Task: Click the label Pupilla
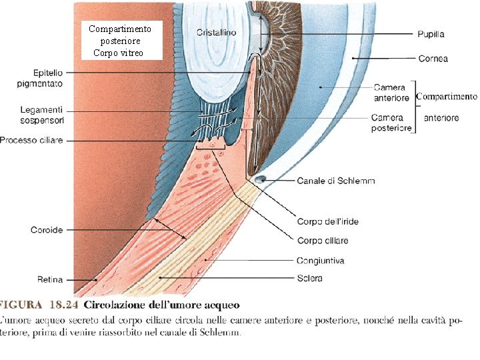(x=431, y=33)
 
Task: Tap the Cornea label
(x=433, y=59)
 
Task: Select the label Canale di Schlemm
(x=336, y=181)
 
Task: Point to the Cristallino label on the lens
(x=217, y=32)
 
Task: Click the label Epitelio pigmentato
(x=40, y=78)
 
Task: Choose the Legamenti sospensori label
(x=41, y=114)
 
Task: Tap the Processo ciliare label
(x=32, y=141)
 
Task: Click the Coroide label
(x=47, y=230)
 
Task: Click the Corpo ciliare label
(x=323, y=240)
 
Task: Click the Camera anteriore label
(x=391, y=93)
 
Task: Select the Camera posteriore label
(x=391, y=123)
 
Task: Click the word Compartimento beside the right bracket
(x=447, y=97)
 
